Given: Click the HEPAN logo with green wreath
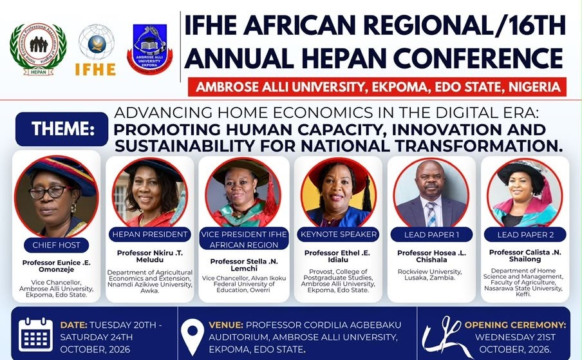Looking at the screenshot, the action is pos(38,49).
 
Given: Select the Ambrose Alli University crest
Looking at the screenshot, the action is pos(150,49).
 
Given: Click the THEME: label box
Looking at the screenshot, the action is pos(62,129).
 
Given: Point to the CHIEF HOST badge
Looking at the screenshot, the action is pos(57,245).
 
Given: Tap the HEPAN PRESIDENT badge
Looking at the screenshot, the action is pos(150,234).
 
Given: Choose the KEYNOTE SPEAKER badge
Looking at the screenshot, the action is pos(339,234).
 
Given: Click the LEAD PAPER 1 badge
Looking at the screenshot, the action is pos(432,234).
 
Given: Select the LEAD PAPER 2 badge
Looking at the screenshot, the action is pos(525,234).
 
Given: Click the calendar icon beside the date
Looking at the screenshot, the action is pos(35,334).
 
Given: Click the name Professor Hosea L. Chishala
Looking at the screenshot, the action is pos(432,256).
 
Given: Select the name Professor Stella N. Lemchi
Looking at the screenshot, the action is pos(244,265).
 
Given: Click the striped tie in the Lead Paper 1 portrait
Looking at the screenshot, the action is pos(431,214).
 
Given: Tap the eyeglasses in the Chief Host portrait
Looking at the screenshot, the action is pos(50,192).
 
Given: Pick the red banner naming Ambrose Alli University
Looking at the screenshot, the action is pos(377,87).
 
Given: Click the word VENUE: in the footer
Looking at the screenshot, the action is pos(226,325).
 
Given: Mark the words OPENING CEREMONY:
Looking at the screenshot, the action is pos(515,325).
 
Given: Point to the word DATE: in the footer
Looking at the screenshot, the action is pos(73,325).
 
